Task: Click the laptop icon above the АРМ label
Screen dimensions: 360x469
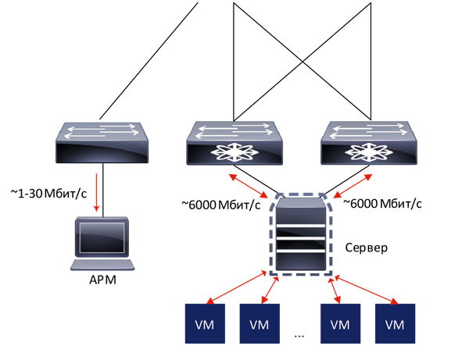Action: [98, 243]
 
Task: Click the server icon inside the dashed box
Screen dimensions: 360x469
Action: [301, 234]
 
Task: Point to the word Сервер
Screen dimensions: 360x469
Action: [367, 248]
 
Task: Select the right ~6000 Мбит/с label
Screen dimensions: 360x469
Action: [384, 204]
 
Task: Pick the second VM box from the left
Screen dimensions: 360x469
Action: [260, 323]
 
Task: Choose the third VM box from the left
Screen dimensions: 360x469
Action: [340, 323]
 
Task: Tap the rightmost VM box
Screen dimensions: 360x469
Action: [396, 323]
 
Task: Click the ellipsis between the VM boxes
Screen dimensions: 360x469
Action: [300, 333]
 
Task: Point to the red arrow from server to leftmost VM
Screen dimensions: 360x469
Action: [234, 288]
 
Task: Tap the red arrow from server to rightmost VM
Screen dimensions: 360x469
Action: [367, 288]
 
